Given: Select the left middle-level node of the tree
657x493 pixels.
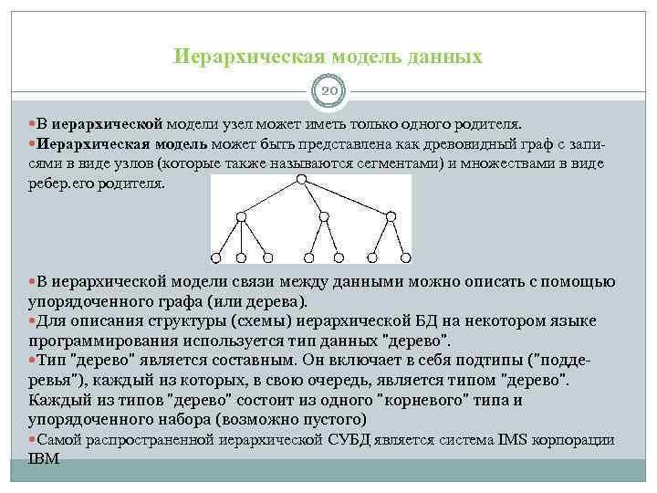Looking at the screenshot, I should pyautogui.click(x=241, y=216).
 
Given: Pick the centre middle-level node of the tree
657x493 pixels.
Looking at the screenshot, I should pyautogui.click(x=321, y=216).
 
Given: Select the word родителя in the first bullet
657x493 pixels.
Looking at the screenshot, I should pyautogui.click(x=485, y=121).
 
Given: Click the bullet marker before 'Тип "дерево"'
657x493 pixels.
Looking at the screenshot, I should pyautogui.click(x=33, y=362).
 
